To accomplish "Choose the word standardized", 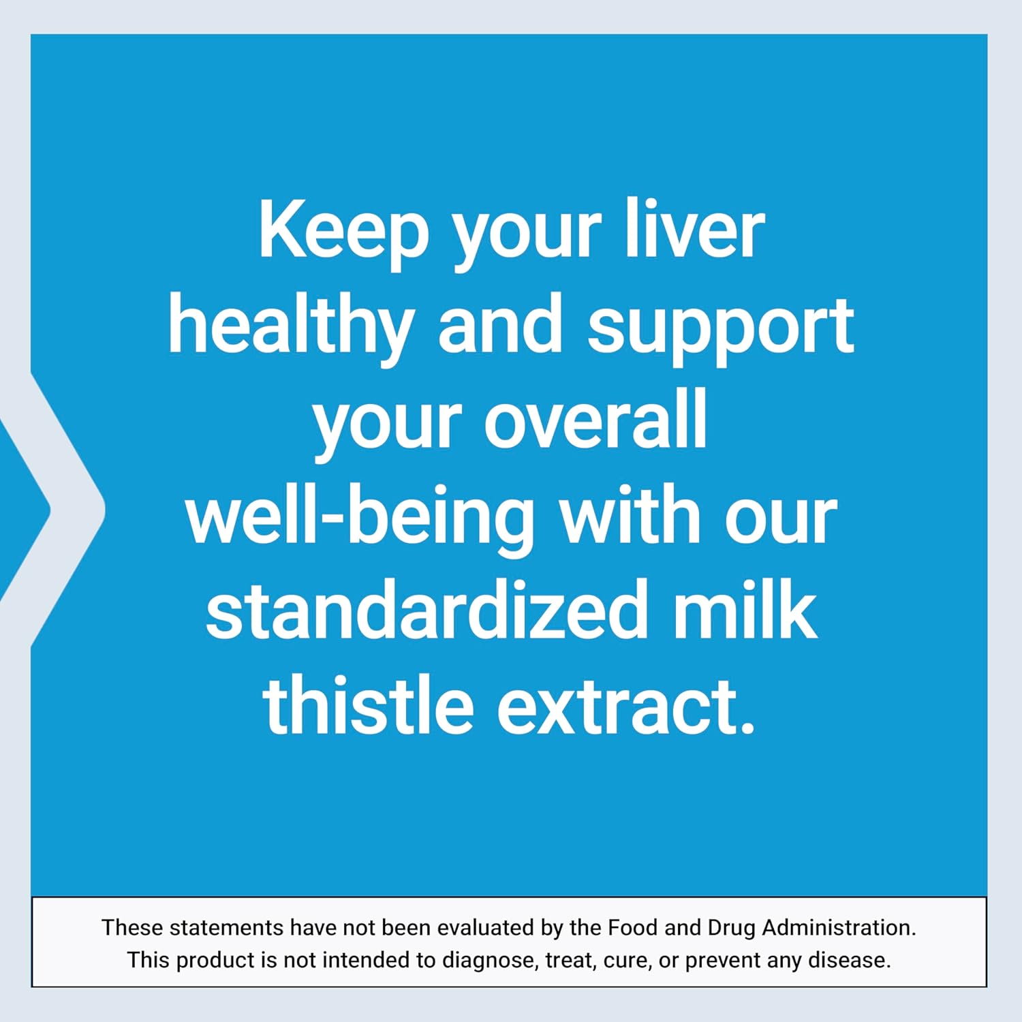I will pyautogui.click(x=426, y=610).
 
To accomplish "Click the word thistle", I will pyautogui.click(x=368, y=705).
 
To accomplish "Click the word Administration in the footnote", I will pyautogui.click(x=839, y=927).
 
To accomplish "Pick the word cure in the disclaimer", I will pyautogui.click(x=625, y=961).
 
